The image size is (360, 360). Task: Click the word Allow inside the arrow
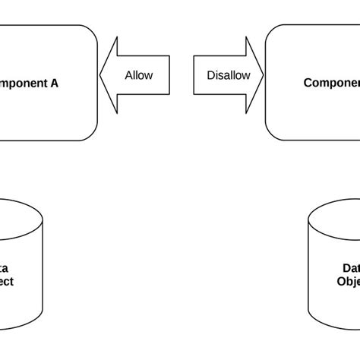pyautogui.click(x=138, y=76)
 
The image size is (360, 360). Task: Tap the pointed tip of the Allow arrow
pyautogui.click(x=101, y=76)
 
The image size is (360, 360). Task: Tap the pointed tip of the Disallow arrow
pyautogui.click(x=263, y=76)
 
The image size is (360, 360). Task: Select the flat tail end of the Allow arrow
pyautogui.click(x=169, y=76)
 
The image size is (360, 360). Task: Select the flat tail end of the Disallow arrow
pyautogui.click(x=194, y=76)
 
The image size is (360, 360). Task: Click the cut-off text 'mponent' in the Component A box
pyautogui.click(x=21, y=83)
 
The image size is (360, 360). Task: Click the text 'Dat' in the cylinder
pyautogui.click(x=350, y=267)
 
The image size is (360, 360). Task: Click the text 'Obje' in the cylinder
pyautogui.click(x=348, y=280)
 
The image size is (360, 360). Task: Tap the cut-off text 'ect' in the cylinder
pyautogui.click(x=6, y=280)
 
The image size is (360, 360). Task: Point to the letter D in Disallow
pyautogui.click(x=210, y=76)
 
